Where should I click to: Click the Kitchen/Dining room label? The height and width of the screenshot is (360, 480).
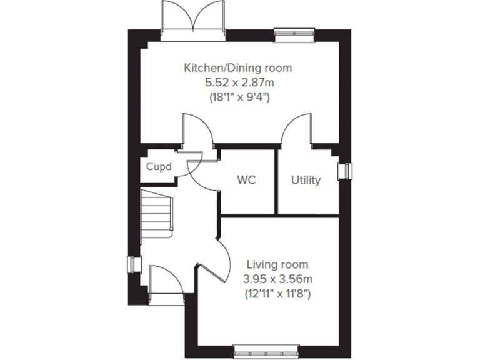coord(237,67)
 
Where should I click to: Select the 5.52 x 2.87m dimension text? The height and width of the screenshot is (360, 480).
coord(237,82)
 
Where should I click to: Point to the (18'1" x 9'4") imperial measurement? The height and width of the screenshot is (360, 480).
coord(237,97)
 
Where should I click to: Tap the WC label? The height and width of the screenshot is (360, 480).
coord(247,180)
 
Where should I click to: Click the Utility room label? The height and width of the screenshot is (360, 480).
coord(306,180)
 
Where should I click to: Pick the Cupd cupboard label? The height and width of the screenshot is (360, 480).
coord(159,167)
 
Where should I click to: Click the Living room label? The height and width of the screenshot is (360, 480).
coord(277,264)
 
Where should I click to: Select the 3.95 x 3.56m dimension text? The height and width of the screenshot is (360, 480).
coord(277,279)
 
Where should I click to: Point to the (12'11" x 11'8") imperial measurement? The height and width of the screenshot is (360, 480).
coord(277,293)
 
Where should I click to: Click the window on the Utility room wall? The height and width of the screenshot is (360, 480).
coord(344,171)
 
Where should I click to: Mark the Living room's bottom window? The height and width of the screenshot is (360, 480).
coord(266,351)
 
